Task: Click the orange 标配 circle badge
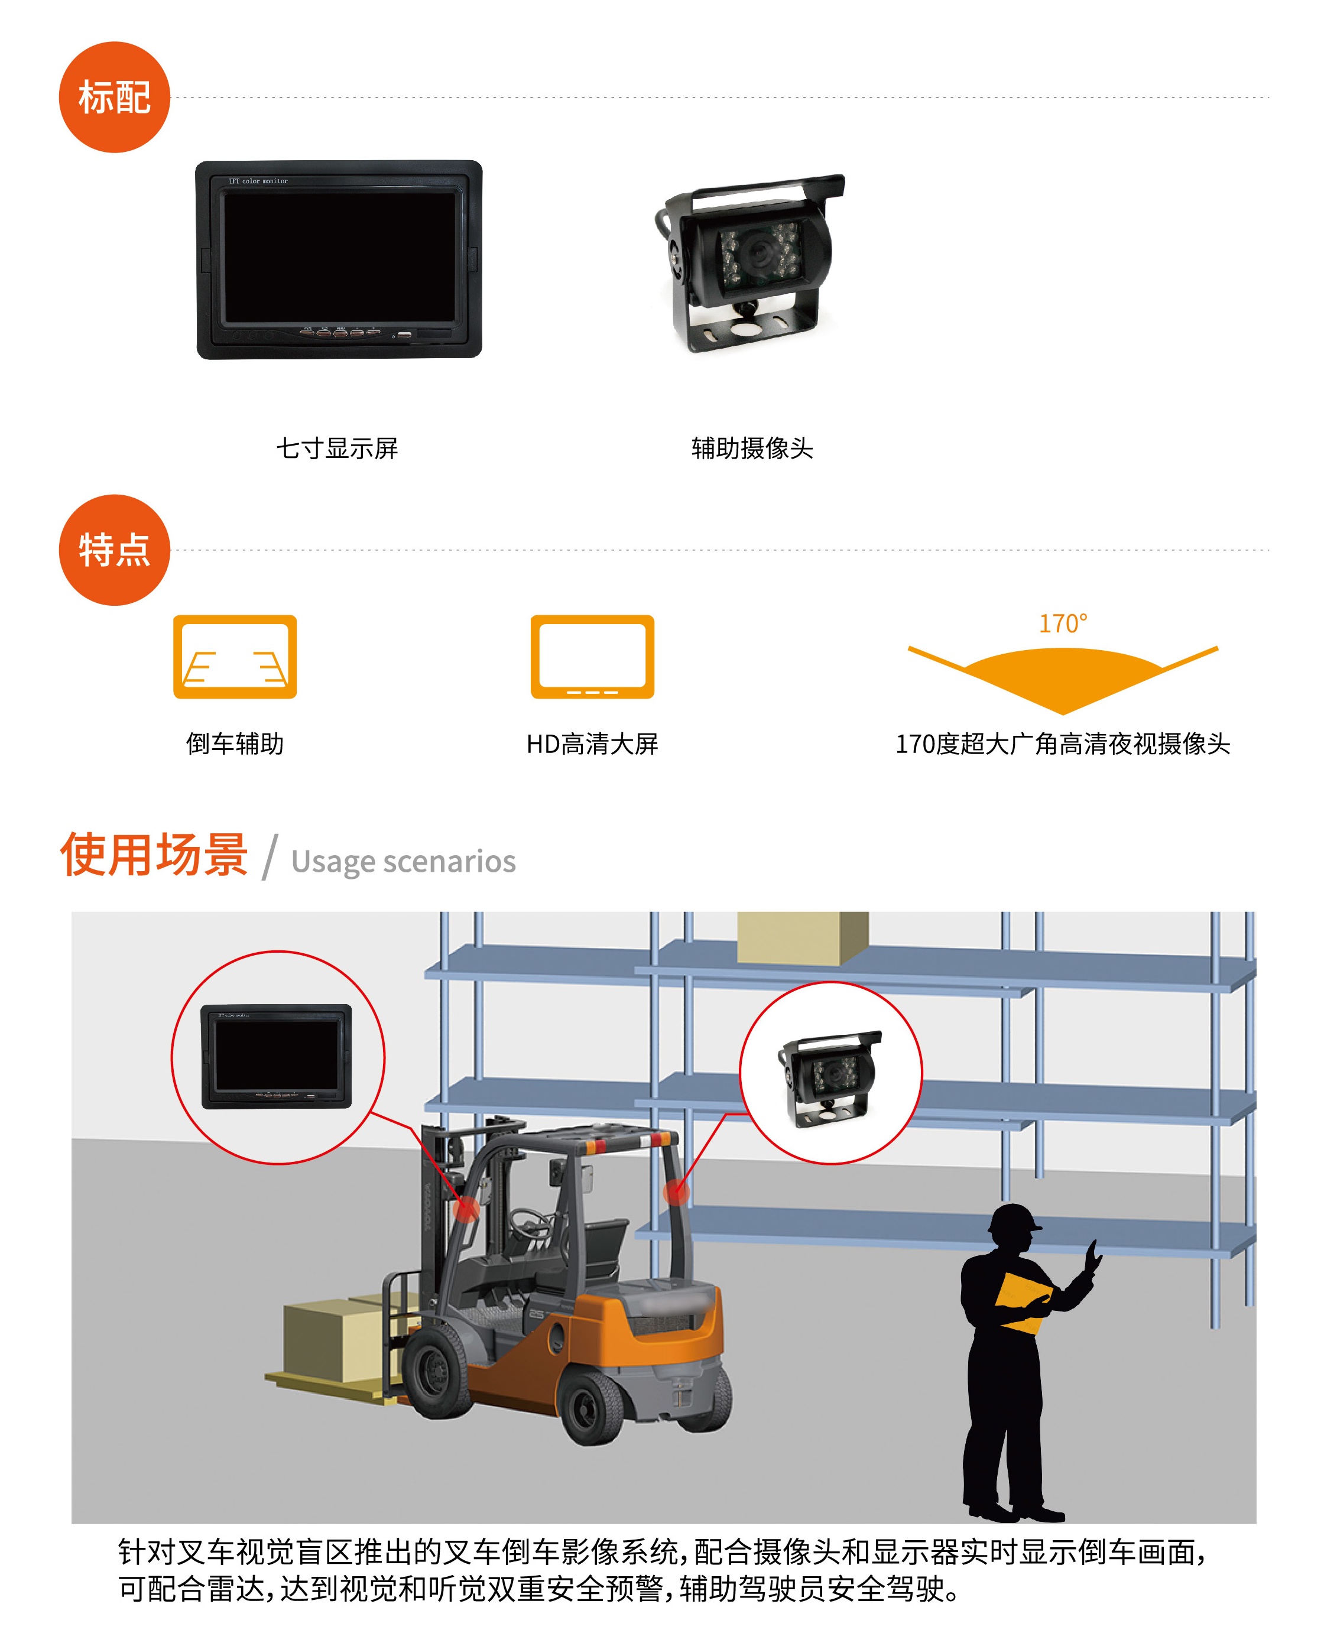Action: (x=115, y=98)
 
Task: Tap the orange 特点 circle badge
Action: (x=115, y=550)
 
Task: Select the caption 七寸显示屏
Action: (x=337, y=449)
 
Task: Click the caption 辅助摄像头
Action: (x=752, y=449)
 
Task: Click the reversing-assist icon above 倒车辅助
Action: (x=235, y=657)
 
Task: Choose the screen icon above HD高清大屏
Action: (x=593, y=657)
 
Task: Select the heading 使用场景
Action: (x=154, y=855)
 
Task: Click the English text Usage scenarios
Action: (x=404, y=862)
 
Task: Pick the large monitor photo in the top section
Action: (x=339, y=259)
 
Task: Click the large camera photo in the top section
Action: (x=749, y=263)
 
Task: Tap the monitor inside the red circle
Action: (x=276, y=1056)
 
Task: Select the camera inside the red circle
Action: (x=829, y=1078)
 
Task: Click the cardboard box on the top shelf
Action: (x=802, y=937)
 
